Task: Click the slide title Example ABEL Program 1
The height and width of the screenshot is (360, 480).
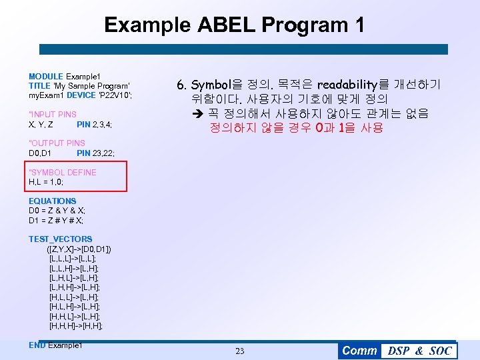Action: (x=234, y=25)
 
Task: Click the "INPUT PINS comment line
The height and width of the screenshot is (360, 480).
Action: (x=53, y=115)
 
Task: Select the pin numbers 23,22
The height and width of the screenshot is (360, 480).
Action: (x=103, y=153)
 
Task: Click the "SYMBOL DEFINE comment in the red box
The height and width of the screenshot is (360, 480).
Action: (x=63, y=172)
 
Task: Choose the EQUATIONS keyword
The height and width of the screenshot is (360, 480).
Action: (x=53, y=201)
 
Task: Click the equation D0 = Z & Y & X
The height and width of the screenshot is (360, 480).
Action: (x=57, y=211)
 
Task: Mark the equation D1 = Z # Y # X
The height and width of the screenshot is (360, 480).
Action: (x=56, y=220)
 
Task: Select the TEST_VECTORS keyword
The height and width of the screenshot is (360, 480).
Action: (x=61, y=239)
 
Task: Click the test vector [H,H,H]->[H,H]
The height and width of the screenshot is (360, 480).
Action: (x=76, y=326)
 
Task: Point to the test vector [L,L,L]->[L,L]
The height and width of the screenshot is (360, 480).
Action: (x=73, y=258)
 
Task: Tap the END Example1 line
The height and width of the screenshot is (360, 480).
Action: (x=55, y=345)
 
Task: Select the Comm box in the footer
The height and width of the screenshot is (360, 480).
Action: (x=359, y=351)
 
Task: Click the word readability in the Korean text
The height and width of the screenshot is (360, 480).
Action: (x=347, y=85)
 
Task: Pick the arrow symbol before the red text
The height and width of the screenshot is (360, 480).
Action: (x=196, y=113)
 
